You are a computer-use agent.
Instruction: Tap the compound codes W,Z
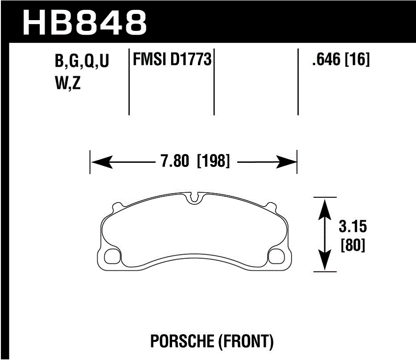(67, 84)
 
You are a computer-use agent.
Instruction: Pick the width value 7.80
(175, 161)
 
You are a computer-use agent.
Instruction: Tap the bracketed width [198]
(213, 161)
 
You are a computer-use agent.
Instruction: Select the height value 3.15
(352, 227)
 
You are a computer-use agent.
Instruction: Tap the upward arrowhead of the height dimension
(325, 206)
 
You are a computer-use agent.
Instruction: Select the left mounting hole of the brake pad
(111, 256)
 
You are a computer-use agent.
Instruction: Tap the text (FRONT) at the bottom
(245, 342)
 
